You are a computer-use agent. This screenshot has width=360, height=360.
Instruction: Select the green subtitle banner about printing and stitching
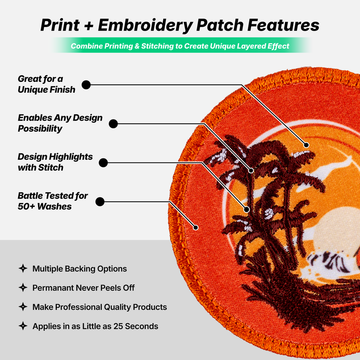coord(180,46)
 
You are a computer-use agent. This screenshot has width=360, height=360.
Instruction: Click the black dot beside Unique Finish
coord(86,85)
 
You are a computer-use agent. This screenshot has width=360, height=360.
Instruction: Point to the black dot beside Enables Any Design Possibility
coord(113,124)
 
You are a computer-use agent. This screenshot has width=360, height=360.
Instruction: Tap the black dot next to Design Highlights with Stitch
coord(103,163)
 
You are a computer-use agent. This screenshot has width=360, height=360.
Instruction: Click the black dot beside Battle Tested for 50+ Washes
coord(100,201)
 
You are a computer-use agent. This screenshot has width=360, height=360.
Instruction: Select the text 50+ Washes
coord(45,207)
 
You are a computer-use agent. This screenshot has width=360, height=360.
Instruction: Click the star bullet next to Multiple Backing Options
coord(23,269)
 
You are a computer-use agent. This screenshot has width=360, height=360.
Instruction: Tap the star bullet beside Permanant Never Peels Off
coord(23,288)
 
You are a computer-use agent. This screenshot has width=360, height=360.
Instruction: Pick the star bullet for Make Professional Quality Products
coord(23,307)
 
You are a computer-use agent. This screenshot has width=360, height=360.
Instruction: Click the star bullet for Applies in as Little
coord(23,326)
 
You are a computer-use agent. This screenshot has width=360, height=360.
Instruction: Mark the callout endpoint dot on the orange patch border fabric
coord(197,227)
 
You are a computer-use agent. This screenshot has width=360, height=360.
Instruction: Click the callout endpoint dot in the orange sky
coord(306,145)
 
